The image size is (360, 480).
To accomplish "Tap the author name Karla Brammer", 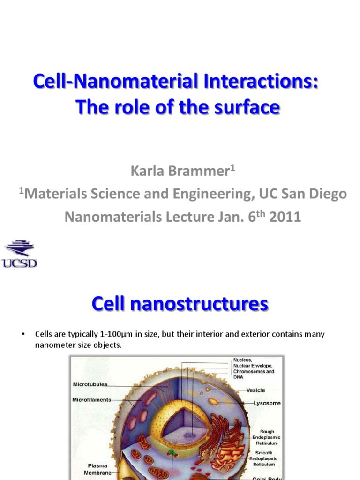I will pos(178,172).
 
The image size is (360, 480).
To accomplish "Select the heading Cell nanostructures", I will pos(180,304).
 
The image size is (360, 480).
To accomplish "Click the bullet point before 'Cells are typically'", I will pos(22,334).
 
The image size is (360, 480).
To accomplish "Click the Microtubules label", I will pos(90,384).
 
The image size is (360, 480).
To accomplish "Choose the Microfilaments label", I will pos(91,400).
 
